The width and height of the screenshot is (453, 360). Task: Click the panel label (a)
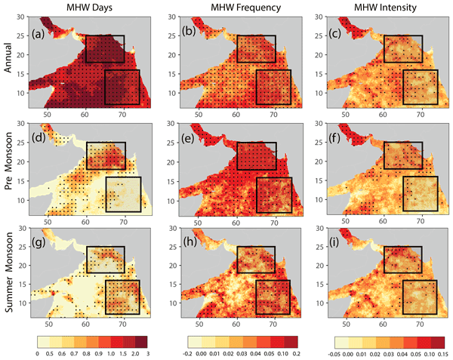pos(40,33)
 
